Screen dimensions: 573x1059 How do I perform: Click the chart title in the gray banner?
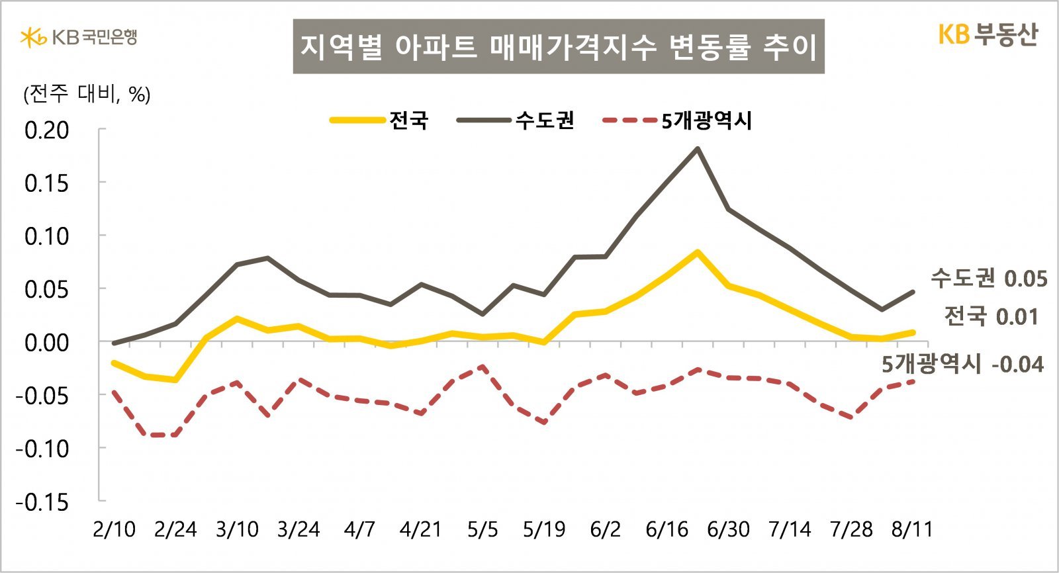click(559, 46)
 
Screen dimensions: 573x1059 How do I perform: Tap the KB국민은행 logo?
click(79, 37)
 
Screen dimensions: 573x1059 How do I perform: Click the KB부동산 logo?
click(988, 34)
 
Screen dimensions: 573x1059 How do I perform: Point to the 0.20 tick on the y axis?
click(46, 130)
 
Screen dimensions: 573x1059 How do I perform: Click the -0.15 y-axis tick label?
click(42, 502)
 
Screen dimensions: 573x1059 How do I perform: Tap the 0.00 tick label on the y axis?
click(46, 343)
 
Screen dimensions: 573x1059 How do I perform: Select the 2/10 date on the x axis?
click(114, 529)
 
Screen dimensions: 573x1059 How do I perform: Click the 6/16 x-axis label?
click(667, 529)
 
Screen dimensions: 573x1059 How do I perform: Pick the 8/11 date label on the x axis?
click(912, 529)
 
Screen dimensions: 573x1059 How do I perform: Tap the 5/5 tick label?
click(483, 529)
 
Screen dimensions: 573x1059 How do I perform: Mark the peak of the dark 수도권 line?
click(697, 148)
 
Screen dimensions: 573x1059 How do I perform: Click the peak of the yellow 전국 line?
click(697, 252)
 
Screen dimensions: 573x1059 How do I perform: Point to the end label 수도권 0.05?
click(989, 278)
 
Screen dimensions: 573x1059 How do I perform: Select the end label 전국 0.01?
click(991, 316)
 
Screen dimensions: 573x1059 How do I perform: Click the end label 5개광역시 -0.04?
click(962, 364)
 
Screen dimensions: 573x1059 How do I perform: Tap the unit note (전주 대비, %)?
click(87, 95)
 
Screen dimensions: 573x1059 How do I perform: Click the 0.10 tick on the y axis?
click(46, 236)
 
